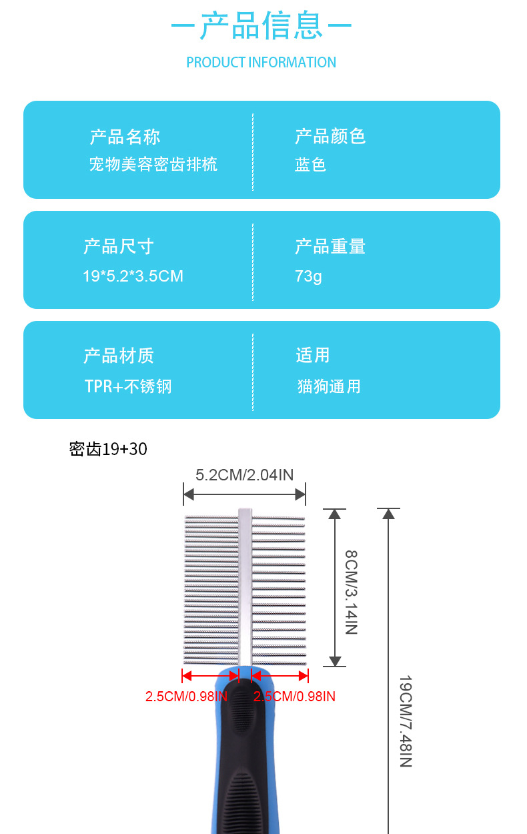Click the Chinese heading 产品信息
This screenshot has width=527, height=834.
pos(261,27)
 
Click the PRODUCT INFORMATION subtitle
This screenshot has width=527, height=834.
pos(261,63)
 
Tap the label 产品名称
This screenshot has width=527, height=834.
pos(125,137)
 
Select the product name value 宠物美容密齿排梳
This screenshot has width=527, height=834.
pos(153,164)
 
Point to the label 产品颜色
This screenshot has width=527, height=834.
pos(330,137)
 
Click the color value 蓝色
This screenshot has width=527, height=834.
pos(311,165)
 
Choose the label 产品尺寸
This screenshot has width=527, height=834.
pos(119,247)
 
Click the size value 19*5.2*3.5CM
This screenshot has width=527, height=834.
pos(133,276)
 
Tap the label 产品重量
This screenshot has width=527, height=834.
pos(330,247)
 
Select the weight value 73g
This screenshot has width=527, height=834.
pos(308,276)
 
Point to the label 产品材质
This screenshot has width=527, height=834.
pos(119,356)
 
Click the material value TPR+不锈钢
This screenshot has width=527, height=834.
pos(128,386)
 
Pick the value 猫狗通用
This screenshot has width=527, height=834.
pos(329,386)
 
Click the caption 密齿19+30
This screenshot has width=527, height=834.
pos(108,449)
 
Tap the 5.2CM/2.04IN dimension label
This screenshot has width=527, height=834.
pos(245,475)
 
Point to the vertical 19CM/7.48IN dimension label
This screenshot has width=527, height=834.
pos(405,721)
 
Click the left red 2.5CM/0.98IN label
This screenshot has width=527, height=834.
pos(186,697)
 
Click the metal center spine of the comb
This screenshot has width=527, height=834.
pos(245,587)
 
